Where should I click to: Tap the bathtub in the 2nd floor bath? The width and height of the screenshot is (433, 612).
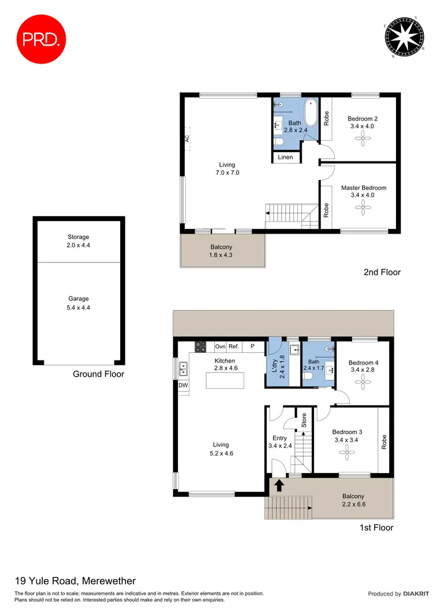click(311, 113)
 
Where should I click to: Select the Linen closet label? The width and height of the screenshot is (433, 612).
click(285, 157)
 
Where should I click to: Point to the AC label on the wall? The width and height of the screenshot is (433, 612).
click(187, 138)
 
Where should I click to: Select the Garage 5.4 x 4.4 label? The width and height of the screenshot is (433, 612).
click(79, 303)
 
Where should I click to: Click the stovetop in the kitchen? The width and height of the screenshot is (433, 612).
click(200, 347)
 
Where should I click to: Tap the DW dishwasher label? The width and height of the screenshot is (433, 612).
click(184, 385)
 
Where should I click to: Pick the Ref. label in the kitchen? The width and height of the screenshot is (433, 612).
click(234, 347)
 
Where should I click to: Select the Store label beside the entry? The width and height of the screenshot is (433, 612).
click(303, 420)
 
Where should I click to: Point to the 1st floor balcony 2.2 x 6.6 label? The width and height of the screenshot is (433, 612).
click(353, 500)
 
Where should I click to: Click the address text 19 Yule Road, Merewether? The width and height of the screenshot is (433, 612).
click(75, 581)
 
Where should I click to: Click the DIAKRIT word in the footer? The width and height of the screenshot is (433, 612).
click(416, 594)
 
